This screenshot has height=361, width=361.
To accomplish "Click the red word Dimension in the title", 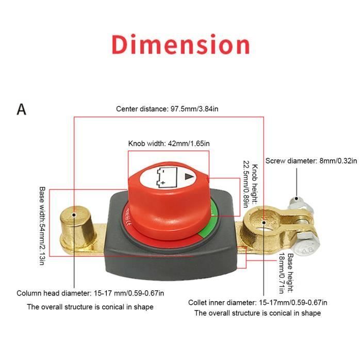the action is [180, 44].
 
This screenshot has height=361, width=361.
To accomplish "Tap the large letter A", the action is [22, 109].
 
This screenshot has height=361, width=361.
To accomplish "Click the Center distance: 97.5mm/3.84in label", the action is [167, 109].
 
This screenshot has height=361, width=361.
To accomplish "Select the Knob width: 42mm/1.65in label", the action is [169, 143].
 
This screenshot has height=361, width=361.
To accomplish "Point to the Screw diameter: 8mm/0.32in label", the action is [311, 161].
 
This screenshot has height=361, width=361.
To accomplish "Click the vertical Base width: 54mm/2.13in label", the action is [42, 226].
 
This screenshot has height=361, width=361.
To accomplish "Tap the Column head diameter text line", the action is [90, 293].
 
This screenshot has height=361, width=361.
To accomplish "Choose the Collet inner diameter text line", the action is [258, 303].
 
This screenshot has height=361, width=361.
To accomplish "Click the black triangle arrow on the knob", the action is [189, 176].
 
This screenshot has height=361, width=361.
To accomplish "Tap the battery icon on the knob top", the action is [167, 177].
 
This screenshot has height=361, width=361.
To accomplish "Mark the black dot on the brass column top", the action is [74, 215].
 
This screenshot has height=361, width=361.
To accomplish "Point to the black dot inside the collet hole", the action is [264, 222].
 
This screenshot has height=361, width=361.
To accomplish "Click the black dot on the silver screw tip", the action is [297, 199].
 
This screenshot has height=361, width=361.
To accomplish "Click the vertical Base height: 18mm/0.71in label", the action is [286, 273].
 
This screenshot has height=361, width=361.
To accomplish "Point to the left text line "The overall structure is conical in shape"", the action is [90, 307].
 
